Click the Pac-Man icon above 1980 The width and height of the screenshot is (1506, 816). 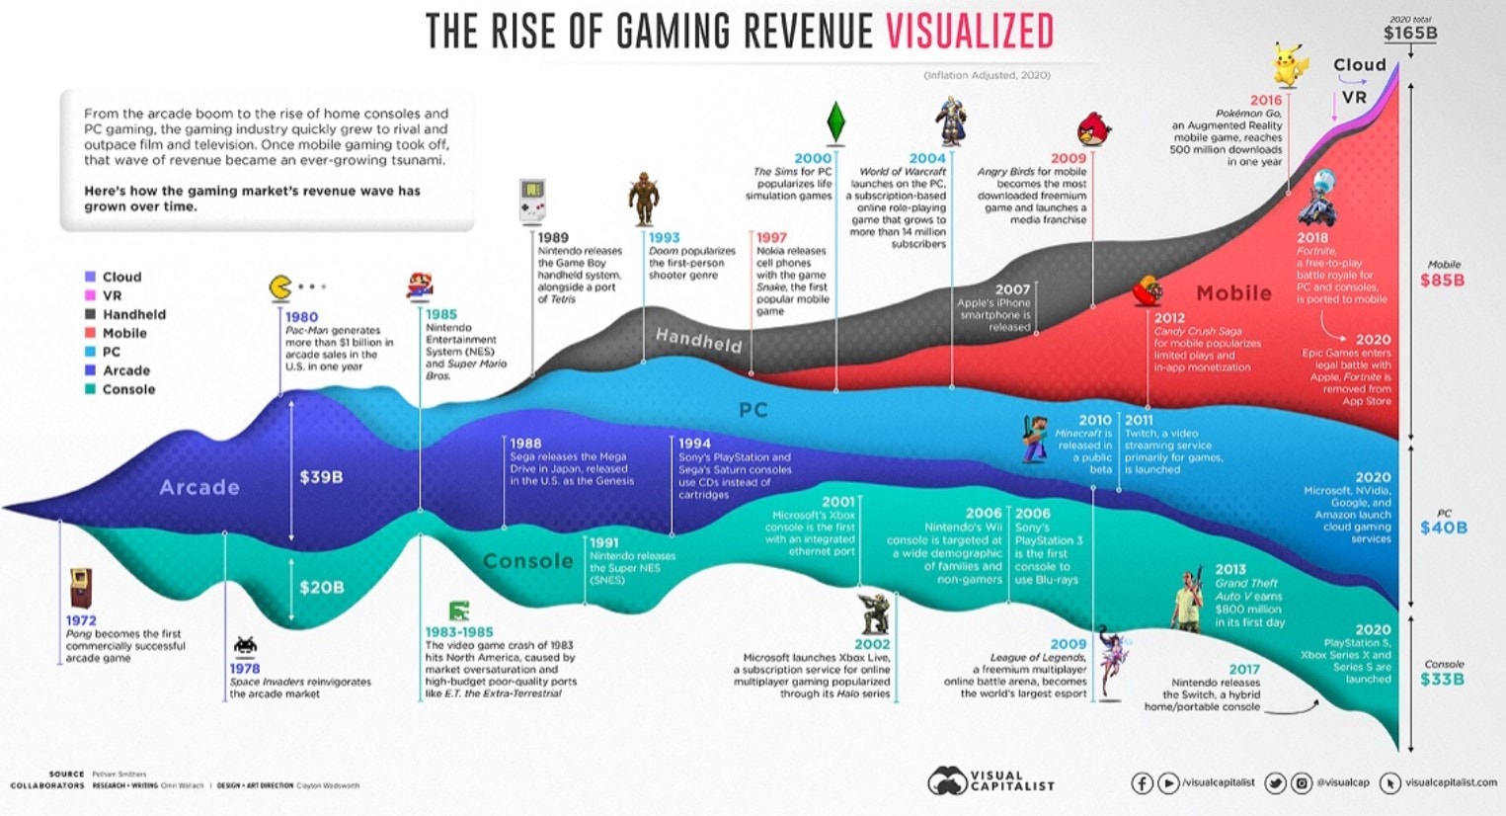280,287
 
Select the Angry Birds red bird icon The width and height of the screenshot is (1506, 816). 1093,128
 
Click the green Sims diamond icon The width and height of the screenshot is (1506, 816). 835,122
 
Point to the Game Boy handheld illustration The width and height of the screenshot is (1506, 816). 532,202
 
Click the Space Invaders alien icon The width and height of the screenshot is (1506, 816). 245,646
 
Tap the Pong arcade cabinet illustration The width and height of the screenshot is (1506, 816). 80,589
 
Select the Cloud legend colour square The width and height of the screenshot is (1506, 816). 90,277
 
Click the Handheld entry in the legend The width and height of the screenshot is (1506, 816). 134,314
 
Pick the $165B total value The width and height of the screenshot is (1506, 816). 1409,34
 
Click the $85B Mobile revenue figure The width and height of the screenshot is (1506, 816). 1442,281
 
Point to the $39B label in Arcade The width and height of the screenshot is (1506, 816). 321,477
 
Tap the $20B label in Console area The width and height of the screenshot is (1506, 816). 321,587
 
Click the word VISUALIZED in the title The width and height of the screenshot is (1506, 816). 969,32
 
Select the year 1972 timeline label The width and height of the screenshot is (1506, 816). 81,620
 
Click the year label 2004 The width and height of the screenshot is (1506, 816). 927,158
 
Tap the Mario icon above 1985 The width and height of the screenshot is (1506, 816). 420,286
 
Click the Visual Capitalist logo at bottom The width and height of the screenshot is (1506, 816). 991,781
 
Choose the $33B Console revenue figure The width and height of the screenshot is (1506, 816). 1442,680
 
